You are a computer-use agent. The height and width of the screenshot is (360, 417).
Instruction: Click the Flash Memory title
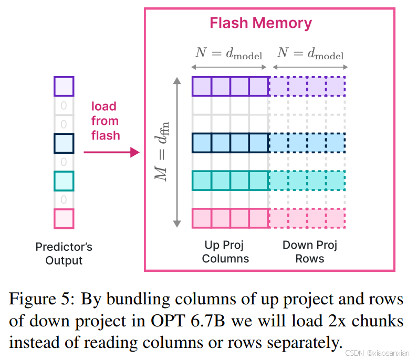260,24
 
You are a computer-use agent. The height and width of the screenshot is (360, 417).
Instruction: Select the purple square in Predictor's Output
64,87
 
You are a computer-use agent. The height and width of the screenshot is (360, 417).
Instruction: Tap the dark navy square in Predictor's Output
64,143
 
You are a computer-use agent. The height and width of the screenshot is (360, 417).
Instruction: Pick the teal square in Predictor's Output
64,181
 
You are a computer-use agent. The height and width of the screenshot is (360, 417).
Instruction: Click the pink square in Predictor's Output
64,219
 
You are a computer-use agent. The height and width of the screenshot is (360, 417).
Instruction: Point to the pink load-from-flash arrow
111,152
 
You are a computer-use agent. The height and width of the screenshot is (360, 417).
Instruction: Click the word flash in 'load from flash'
106,135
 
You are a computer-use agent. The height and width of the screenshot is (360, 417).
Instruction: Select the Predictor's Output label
64,253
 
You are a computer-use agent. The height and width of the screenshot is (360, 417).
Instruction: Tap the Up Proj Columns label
225,251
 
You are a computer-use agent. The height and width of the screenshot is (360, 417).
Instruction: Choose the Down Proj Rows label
309,251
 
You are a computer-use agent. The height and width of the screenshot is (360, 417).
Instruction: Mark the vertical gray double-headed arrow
177,152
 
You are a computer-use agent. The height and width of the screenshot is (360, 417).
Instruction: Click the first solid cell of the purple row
202,87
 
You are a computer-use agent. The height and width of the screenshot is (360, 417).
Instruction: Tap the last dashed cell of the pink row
336,218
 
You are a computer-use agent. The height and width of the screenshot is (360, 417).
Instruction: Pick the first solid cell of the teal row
202,181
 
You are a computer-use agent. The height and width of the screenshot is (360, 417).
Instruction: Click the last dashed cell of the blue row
336,143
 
